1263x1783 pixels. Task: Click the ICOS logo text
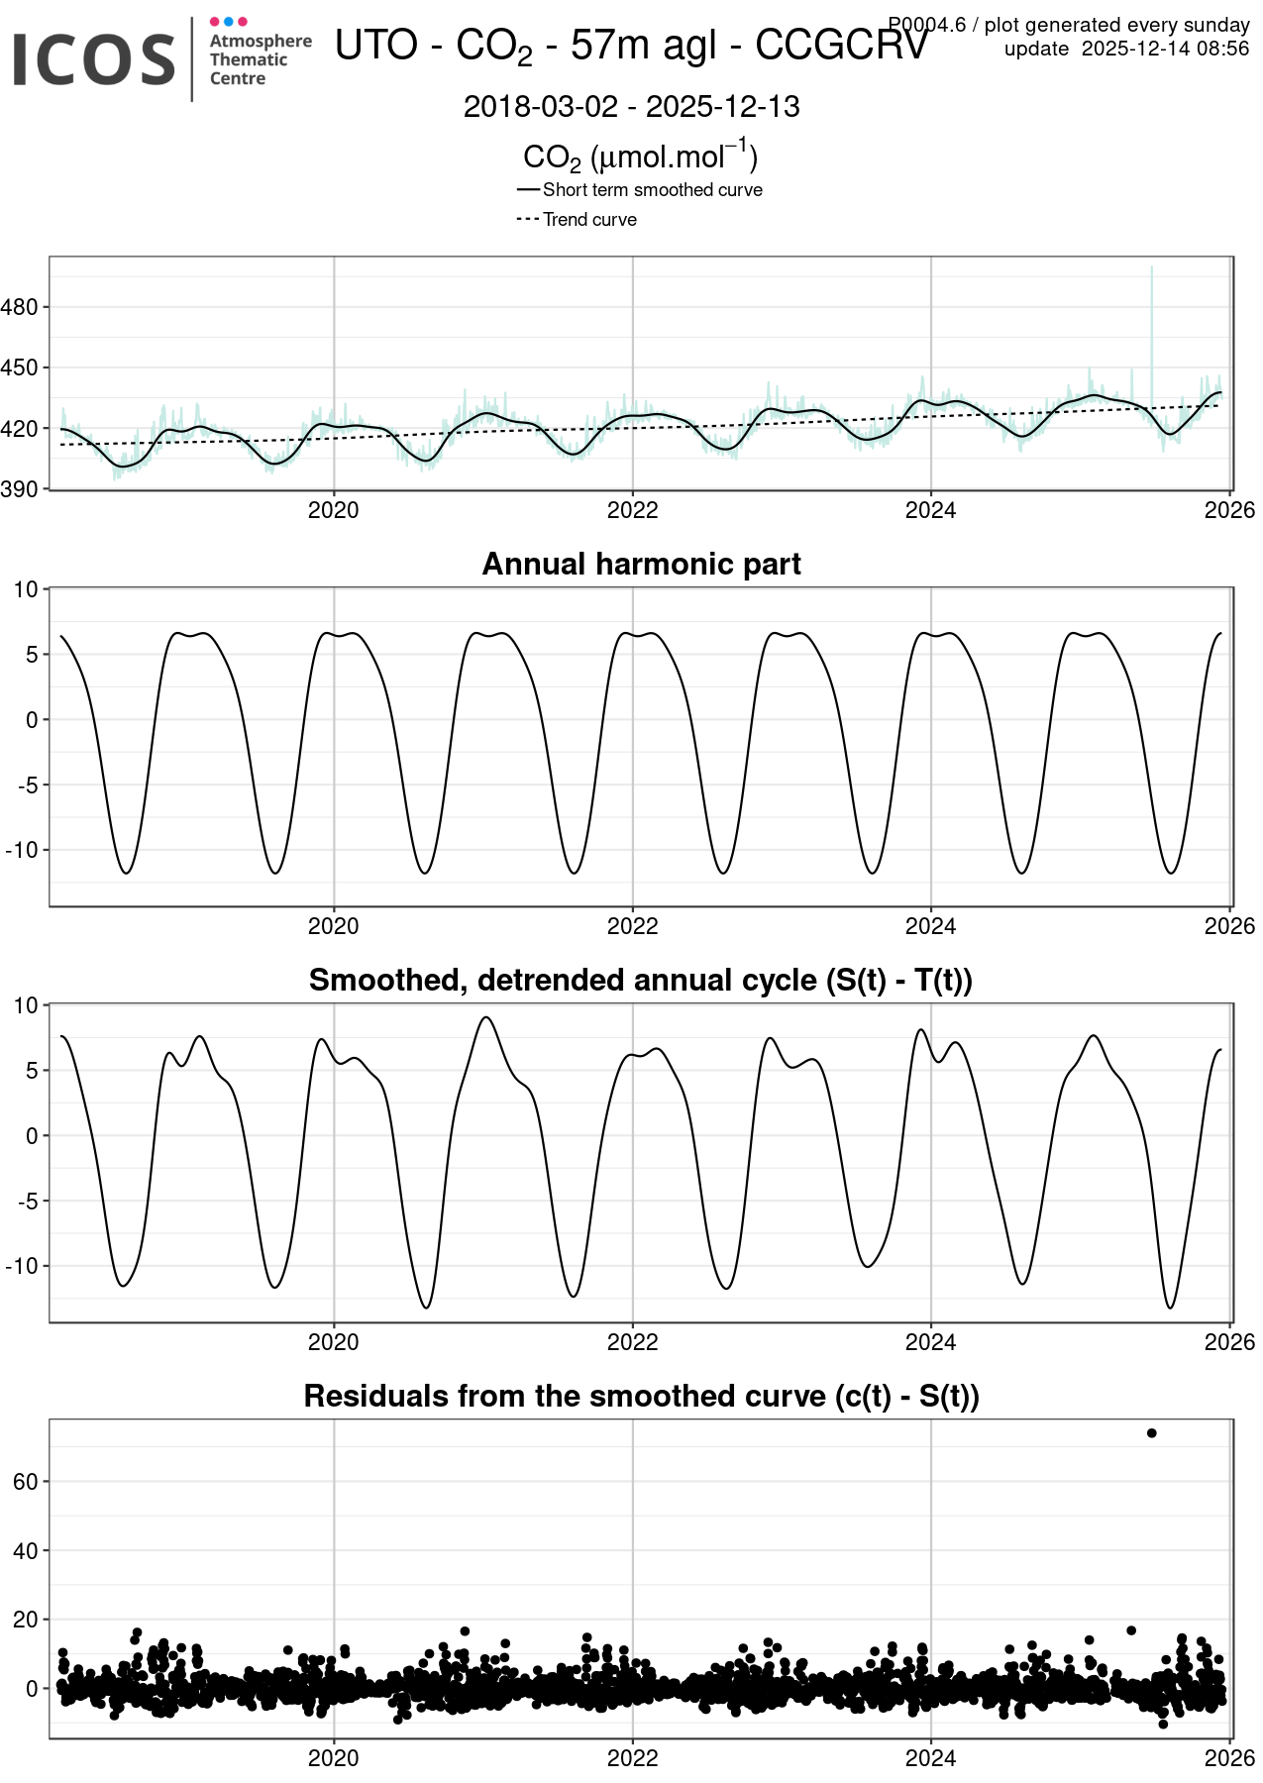(94, 58)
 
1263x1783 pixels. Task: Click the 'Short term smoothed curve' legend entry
(652, 190)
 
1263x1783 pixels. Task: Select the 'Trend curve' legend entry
(589, 220)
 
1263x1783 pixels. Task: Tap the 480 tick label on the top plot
(20, 307)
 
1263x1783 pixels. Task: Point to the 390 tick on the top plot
(20, 489)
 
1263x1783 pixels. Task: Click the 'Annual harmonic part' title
(641, 565)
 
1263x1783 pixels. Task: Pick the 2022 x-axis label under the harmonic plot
(632, 927)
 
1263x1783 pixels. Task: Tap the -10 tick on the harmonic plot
(22, 850)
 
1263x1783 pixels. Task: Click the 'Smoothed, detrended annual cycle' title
(641, 981)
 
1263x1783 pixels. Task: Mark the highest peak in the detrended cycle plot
(485, 1017)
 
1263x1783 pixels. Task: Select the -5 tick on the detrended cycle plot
(27, 1201)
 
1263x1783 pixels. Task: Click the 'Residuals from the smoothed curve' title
(641, 1397)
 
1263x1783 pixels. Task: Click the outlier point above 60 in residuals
(1151, 1433)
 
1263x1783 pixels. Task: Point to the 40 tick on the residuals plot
(25, 1550)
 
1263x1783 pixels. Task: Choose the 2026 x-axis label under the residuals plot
(1229, 1759)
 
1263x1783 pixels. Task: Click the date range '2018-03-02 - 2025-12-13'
(631, 107)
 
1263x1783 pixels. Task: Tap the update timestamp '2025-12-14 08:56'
(1165, 50)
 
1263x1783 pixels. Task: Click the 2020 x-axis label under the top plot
(333, 511)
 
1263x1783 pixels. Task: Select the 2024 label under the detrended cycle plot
(930, 1343)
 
